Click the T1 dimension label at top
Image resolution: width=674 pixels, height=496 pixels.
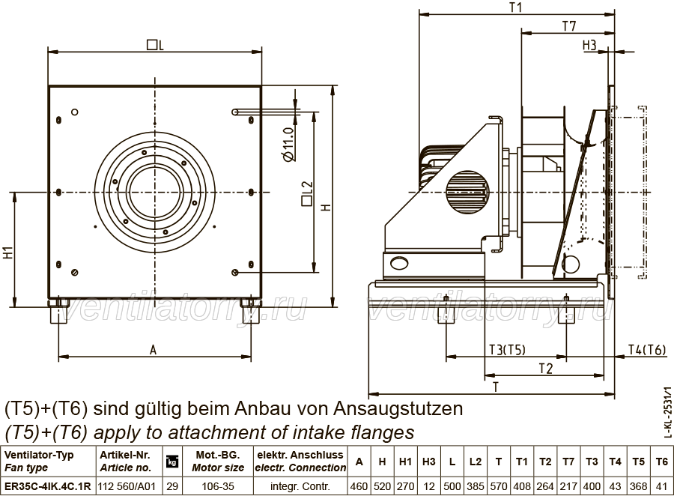pyautogui.click(x=516, y=7)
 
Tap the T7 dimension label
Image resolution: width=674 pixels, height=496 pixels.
pyautogui.click(x=569, y=26)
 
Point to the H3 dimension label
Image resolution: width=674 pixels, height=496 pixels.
pyautogui.click(x=589, y=45)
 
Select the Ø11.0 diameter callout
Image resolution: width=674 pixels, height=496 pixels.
pyautogui.click(x=290, y=144)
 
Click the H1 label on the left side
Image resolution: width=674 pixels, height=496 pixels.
pyautogui.click(x=8, y=252)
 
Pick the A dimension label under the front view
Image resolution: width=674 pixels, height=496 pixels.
pyautogui.click(x=154, y=350)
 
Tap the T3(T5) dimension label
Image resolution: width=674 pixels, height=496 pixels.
pyautogui.click(x=507, y=350)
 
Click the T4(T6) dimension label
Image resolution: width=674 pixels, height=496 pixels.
pyautogui.click(x=646, y=350)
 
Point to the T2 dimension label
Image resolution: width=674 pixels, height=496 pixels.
pyautogui.click(x=545, y=369)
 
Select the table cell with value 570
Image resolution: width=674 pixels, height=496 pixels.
pyautogui.click(x=499, y=486)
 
